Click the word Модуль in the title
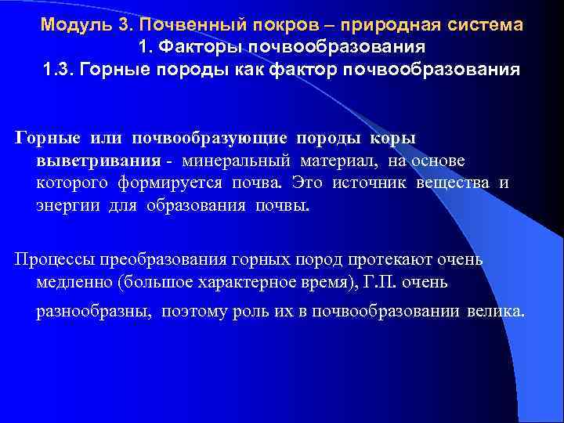coord(75,24)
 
